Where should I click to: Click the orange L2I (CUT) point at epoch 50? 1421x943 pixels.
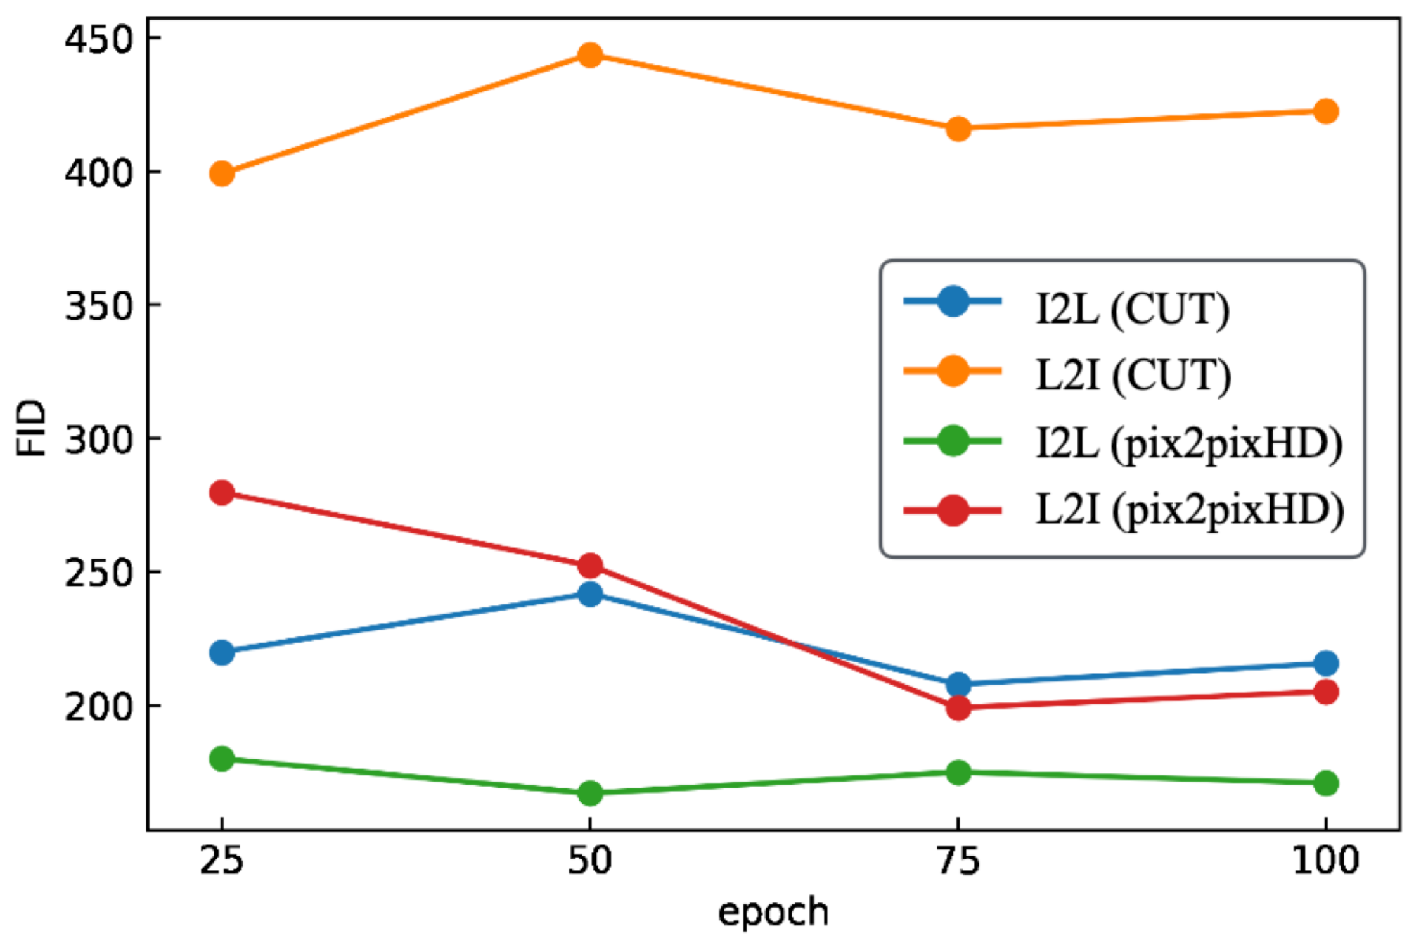589,55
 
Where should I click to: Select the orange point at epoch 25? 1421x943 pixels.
221,173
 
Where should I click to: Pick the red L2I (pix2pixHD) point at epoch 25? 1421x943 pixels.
221,492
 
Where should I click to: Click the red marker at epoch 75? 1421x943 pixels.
958,707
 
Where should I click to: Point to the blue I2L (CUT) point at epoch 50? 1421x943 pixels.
589,594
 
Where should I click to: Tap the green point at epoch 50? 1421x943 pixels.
589,793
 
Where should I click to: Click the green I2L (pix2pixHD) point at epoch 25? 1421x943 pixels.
221,758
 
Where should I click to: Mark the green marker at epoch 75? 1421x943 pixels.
958,772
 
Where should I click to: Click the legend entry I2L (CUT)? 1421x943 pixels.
1132,309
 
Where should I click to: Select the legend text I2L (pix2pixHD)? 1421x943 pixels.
1189,443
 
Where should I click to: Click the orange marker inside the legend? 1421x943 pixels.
953,370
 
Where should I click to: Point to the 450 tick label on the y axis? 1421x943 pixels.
98,39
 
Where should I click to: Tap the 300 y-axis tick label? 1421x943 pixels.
98,439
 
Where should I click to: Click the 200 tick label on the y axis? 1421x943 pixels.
98,706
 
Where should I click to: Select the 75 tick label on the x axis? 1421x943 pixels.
958,861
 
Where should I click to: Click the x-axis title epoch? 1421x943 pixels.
773,912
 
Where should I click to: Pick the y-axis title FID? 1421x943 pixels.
32,428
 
